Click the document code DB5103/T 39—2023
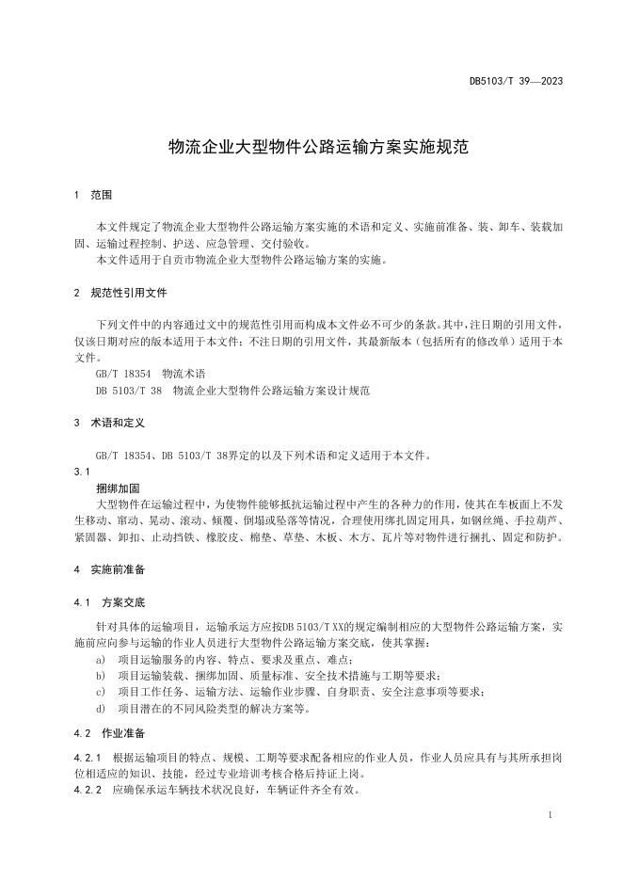click(x=516, y=81)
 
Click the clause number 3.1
click(x=81, y=472)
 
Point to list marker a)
click(x=101, y=659)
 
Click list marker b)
click(x=101, y=675)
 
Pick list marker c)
click(x=101, y=692)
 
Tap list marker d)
click(x=101, y=708)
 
